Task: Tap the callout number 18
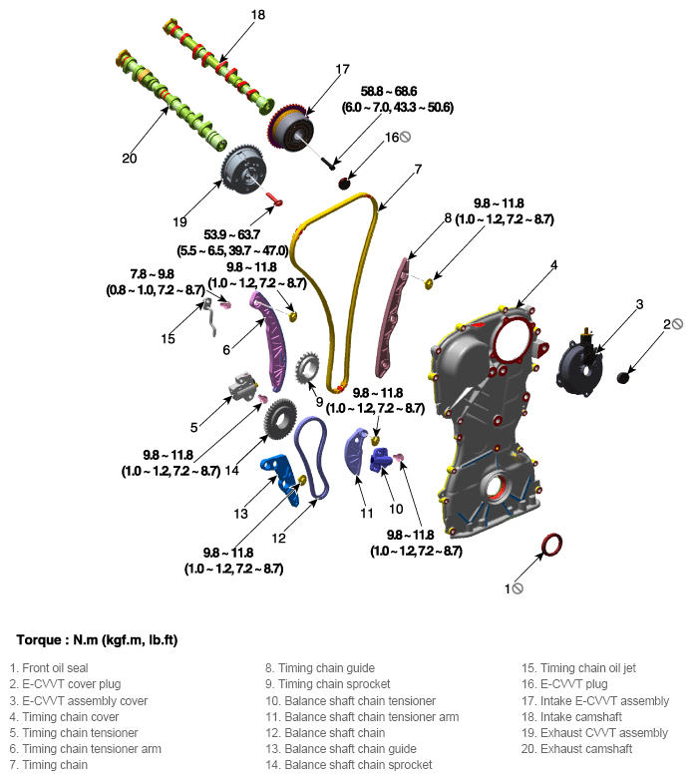pos(258,15)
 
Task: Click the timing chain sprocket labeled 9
pos(307,368)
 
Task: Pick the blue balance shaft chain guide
pos(282,477)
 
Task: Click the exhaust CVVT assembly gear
pos(243,170)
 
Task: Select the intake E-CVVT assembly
pos(291,127)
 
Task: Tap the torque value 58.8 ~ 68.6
pos(389,92)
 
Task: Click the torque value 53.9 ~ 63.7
pos(231,234)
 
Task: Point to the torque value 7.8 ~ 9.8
pos(153,274)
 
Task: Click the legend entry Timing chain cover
pos(64,717)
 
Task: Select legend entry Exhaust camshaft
pos(576,749)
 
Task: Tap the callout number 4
pos(553,265)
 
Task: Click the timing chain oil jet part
pos(211,316)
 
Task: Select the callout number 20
pos(130,159)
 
